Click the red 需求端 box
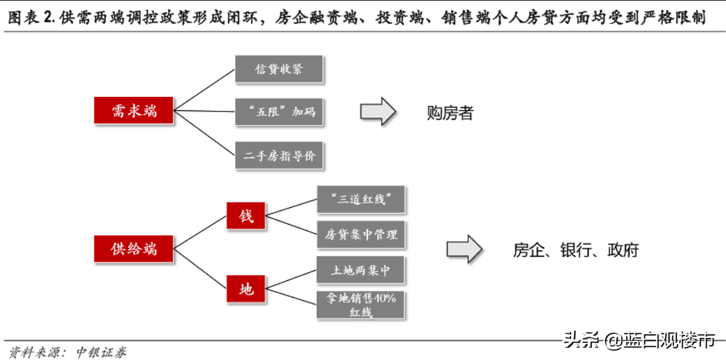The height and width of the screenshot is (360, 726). click(134, 111)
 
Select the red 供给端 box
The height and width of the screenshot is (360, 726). click(134, 249)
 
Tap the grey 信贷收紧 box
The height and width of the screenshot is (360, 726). click(279, 69)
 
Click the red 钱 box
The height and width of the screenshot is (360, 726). click(246, 216)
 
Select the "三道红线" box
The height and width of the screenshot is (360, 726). click(361, 199)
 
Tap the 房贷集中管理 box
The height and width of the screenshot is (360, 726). click(361, 234)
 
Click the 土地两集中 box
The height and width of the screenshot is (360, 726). click(361, 271)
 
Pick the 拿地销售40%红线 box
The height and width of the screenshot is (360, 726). click(361, 305)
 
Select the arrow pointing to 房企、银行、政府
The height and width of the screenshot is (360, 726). click(464, 249)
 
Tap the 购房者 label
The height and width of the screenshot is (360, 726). click(450, 113)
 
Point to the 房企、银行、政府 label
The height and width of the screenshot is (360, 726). click(576, 250)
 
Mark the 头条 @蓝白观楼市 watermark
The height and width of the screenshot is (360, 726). click(640, 341)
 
